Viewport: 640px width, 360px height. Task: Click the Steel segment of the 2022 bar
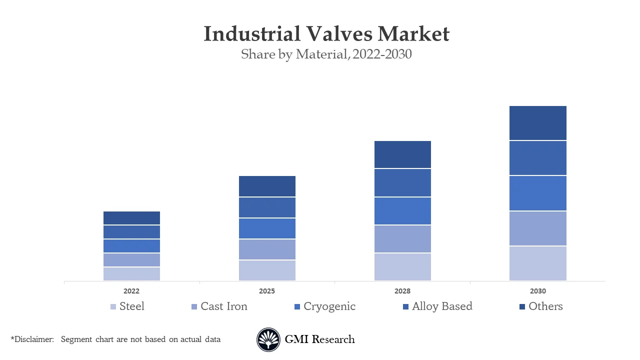point(131,274)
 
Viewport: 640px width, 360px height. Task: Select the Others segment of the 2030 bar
point(538,123)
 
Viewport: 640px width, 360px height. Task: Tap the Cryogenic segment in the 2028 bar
point(402,211)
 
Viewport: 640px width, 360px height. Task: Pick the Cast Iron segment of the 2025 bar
point(267,249)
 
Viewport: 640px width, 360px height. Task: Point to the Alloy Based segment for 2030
point(538,158)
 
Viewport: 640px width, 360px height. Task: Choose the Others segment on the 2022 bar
point(131,218)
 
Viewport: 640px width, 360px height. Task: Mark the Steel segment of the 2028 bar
point(402,267)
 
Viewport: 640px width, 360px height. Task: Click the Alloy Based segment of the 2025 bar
point(267,207)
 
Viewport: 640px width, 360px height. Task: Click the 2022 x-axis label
point(131,291)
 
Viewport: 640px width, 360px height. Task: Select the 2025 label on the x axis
point(267,291)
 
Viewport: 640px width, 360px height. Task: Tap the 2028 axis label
point(402,291)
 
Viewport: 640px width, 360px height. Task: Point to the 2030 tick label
point(538,291)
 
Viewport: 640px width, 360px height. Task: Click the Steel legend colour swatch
point(113,307)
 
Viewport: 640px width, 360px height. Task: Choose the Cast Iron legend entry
point(223,306)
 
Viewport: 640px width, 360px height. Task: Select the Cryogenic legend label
point(329,306)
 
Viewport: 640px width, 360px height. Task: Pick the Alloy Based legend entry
point(442,306)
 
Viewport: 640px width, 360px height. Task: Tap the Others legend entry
point(545,306)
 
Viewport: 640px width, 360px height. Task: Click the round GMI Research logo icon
point(268,339)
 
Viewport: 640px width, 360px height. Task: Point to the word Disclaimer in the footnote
point(33,339)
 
